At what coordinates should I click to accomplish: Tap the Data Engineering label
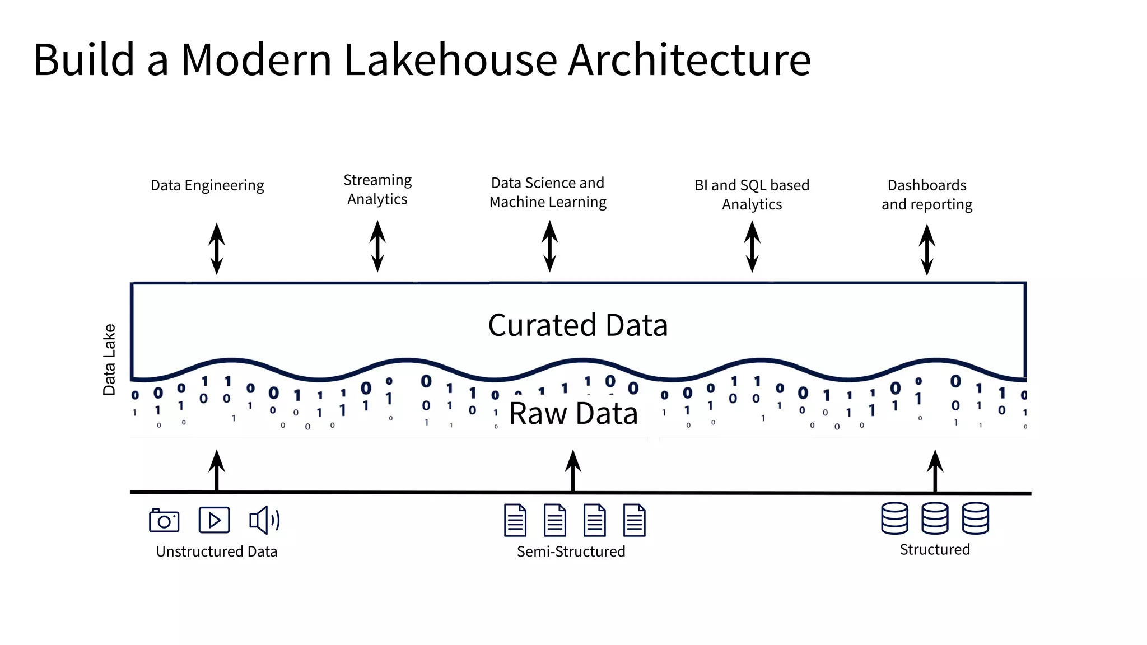click(x=207, y=185)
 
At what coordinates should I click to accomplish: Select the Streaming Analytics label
click(x=377, y=190)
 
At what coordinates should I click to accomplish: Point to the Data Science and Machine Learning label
click(x=548, y=193)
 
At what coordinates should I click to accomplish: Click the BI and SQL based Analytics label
click(x=752, y=195)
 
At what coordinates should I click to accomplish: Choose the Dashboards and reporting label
click(x=927, y=195)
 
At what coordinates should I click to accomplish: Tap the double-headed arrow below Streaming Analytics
click(x=377, y=246)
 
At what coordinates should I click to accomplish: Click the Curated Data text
click(x=577, y=325)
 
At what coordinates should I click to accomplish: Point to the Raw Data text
click(x=573, y=414)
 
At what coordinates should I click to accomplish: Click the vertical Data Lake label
click(x=109, y=359)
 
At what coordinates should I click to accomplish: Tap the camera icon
click(x=164, y=521)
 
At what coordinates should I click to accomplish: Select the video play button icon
click(x=214, y=520)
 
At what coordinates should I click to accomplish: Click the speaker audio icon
click(x=264, y=520)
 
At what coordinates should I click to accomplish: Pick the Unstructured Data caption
click(x=217, y=551)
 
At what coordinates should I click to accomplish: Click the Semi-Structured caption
click(x=571, y=551)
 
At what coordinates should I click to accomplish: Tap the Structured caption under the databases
click(x=934, y=550)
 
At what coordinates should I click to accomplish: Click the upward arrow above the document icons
click(x=572, y=470)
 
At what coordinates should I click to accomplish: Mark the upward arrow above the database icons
click(x=935, y=470)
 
